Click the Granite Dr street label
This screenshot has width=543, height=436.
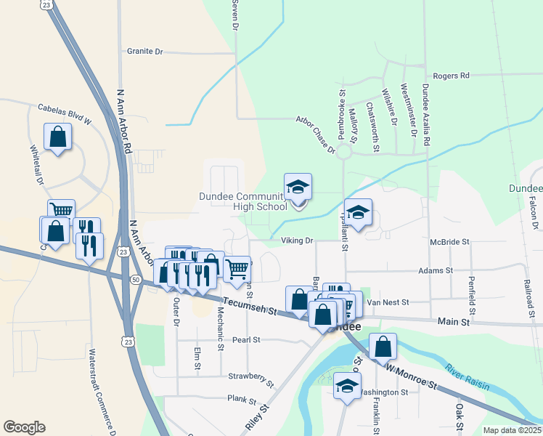click(145, 52)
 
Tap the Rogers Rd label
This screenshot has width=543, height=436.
click(451, 76)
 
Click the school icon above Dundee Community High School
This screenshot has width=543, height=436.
click(298, 187)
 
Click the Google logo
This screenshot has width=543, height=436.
click(24, 427)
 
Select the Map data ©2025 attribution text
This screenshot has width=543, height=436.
click(511, 430)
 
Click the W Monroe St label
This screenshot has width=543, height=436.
click(411, 378)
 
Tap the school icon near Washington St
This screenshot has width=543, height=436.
click(347, 384)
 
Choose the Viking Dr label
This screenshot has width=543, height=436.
click(296, 241)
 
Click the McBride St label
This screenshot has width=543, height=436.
click(450, 241)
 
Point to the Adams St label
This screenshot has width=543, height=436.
click(436, 270)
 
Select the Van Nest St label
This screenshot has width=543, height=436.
click(388, 302)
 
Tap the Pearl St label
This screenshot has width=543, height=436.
click(246, 339)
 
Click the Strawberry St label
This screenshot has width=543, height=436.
click(250, 379)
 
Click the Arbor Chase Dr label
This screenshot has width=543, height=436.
click(315, 136)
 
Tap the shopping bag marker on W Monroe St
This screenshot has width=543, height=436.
click(383, 347)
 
